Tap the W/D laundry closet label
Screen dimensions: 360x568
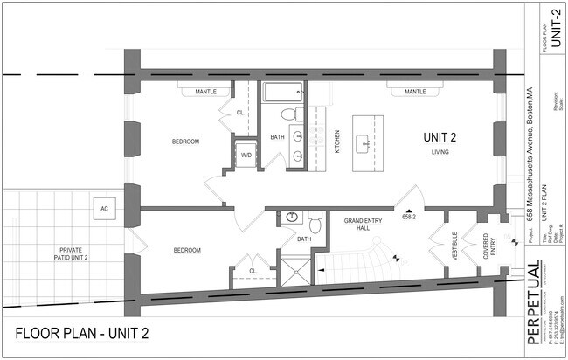click(246, 156)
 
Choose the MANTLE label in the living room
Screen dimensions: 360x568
click(414, 91)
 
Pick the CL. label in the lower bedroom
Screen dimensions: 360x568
click(253, 270)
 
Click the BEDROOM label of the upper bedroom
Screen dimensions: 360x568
click(184, 142)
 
